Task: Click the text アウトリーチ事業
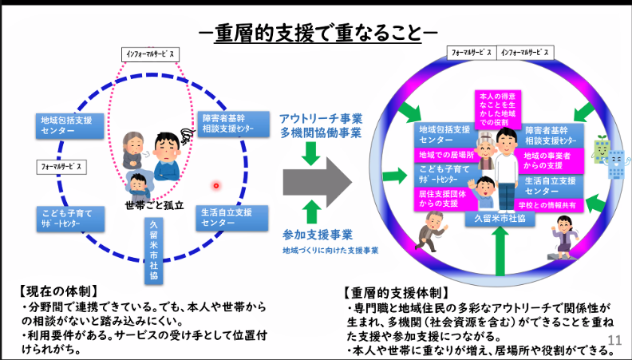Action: pyautogui.click(x=319, y=118)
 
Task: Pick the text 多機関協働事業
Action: pyautogui.click(x=319, y=133)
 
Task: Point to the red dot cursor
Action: pyautogui.click(x=215, y=186)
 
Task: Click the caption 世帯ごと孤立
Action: pyautogui.click(x=154, y=205)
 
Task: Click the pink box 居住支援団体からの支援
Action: pyautogui.click(x=440, y=199)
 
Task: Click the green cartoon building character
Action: pyautogui.click(x=599, y=151)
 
